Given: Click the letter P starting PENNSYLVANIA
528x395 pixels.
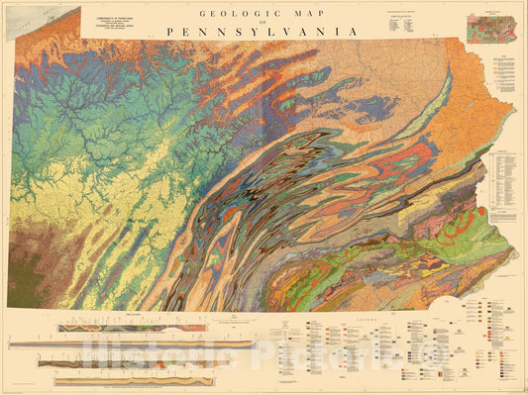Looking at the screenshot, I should click(x=170, y=32).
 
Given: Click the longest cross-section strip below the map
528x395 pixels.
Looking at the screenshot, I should click(x=129, y=344).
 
